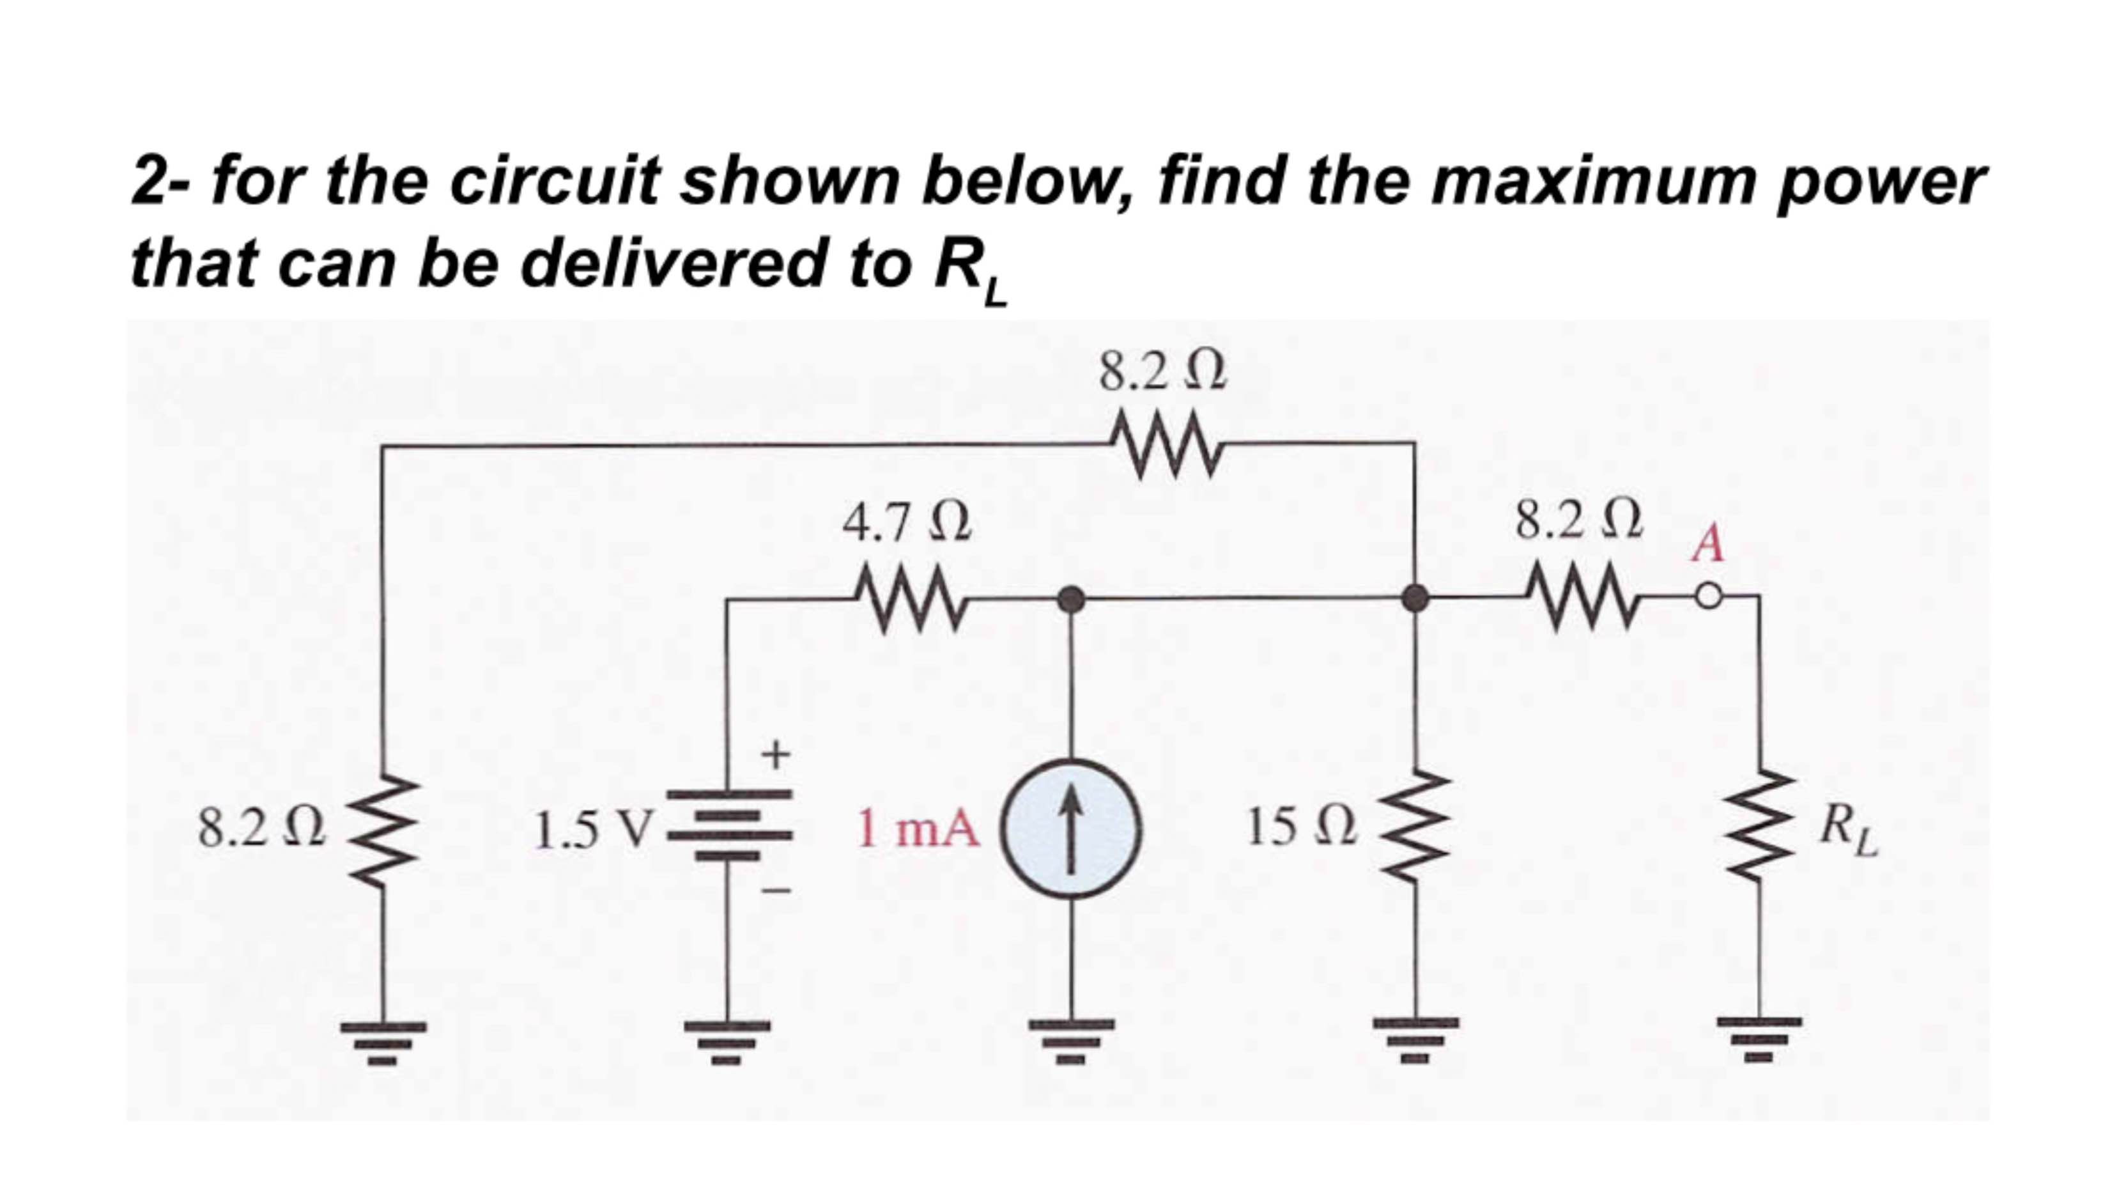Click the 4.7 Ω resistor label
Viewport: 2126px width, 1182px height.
(905, 524)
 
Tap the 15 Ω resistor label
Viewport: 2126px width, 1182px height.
(1300, 828)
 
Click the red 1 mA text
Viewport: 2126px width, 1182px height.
(918, 828)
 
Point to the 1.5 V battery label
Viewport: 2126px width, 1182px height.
(592, 830)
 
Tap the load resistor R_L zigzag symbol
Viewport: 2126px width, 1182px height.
(1761, 828)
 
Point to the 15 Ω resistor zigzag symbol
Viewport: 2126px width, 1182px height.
(1416, 828)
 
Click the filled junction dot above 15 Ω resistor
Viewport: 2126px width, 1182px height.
(1416, 597)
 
